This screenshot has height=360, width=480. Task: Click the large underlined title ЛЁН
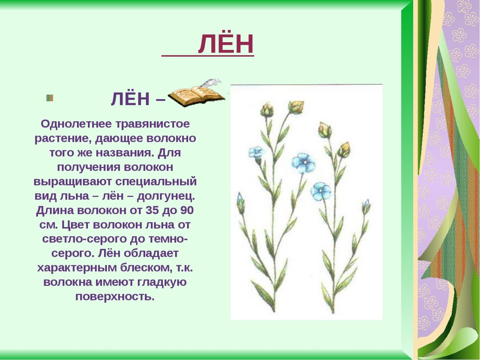[226, 44]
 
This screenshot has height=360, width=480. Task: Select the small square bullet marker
[50, 98]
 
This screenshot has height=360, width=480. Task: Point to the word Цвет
[75, 225]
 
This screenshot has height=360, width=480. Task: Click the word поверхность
[114, 297]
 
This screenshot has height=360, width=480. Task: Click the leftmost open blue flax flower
[256, 153]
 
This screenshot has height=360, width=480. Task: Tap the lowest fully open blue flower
[321, 191]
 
